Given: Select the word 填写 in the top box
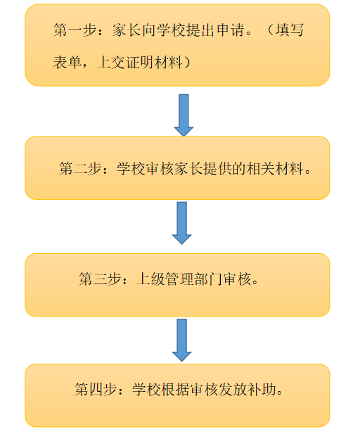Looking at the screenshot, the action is (x=290, y=30).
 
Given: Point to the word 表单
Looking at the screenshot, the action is (x=67, y=62).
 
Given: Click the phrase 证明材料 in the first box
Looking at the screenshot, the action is (x=155, y=62).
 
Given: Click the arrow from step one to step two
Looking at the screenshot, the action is (x=184, y=115).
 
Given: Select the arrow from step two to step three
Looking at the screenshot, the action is (x=182, y=223).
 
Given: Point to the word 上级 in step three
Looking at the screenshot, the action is (x=150, y=279).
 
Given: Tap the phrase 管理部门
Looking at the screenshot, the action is (x=194, y=279).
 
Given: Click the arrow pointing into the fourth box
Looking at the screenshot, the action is (x=182, y=340).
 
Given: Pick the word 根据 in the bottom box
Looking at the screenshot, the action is (x=176, y=390).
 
